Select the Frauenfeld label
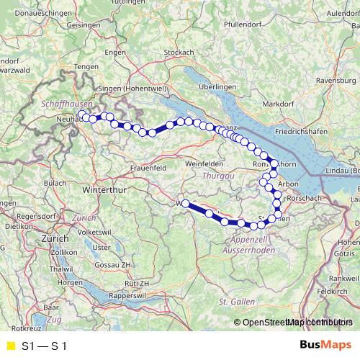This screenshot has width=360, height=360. pos(150,167)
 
